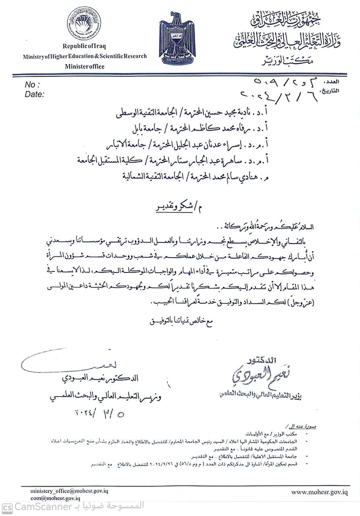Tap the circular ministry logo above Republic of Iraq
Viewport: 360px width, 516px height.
click(x=84, y=23)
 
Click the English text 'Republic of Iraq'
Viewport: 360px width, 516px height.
click(x=84, y=47)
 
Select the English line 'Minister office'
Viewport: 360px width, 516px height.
click(x=85, y=67)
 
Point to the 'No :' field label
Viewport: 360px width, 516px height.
click(x=32, y=85)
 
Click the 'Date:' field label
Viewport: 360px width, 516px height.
click(x=34, y=94)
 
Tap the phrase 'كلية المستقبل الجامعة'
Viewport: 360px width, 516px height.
click(x=110, y=160)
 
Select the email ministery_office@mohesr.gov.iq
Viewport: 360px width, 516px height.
click(x=69, y=491)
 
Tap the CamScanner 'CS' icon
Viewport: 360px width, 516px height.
click(x=7, y=507)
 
